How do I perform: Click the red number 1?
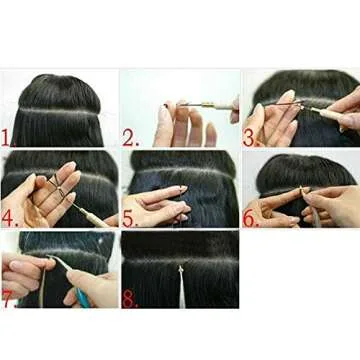coord(8,135)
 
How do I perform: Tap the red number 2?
coord(130,137)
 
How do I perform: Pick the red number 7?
coord(8,298)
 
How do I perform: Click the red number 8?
coord(129,297)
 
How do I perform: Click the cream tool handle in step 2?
coord(215,103)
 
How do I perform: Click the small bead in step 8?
coord(181,268)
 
